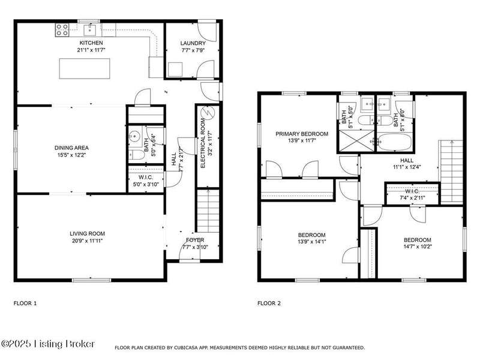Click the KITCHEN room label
[91, 43]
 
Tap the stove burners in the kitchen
[62, 30]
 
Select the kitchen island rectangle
[85, 68]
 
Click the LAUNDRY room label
[193, 43]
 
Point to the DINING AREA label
[71, 148]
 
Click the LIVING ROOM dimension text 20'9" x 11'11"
[87, 241]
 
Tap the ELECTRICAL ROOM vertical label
[203, 143]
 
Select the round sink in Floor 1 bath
[134, 135]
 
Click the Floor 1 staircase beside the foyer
[208, 211]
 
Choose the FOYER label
[195, 240]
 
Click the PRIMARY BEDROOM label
[302, 134]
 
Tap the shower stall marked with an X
[356, 140]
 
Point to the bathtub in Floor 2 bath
[395, 142]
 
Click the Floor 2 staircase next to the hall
[451, 172]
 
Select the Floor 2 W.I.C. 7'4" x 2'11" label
[412, 194]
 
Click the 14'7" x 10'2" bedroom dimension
[417, 247]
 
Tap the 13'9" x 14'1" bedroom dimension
[311, 242]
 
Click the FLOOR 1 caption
[25, 304]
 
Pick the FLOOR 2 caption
[269, 304]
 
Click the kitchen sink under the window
[90, 30]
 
